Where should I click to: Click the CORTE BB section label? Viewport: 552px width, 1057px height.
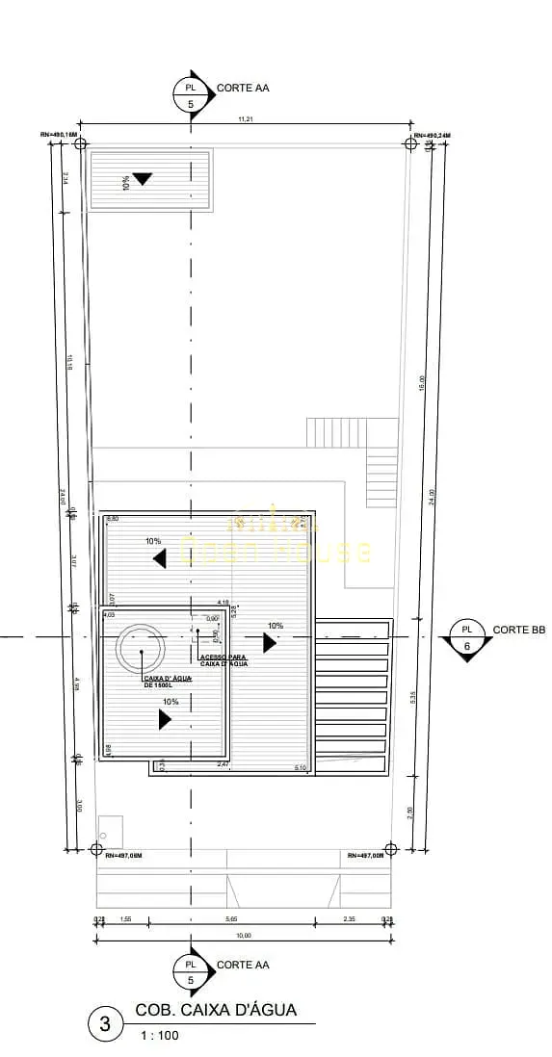tap(519, 630)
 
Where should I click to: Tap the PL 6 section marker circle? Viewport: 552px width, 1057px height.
tap(467, 637)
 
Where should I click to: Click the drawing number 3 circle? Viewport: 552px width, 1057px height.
tap(105, 1024)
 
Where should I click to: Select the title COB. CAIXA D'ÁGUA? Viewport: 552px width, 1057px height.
tap(216, 1010)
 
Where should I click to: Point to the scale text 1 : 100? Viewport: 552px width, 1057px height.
tap(159, 1036)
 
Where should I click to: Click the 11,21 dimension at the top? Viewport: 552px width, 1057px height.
tap(246, 119)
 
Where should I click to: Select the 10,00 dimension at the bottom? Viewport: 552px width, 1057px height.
tap(243, 935)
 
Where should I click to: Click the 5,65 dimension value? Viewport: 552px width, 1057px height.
tap(231, 920)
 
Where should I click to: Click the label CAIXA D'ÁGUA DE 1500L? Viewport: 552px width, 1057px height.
tap(167, 682)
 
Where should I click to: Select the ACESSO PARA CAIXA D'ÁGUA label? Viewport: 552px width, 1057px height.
tap(223, 659)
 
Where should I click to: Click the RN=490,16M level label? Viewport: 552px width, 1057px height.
tap(59, 135)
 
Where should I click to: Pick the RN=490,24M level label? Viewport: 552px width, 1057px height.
tap(433, 135)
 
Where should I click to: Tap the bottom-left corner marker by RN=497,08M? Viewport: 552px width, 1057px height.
tap(95, 849)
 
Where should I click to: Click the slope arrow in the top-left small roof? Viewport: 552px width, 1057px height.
tap(143, 178)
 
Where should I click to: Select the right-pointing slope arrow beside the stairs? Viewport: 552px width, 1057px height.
tap(270, 642)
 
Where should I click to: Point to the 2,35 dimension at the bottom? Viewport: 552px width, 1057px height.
tap(350, 920)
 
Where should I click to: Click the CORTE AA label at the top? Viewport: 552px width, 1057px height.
tap(243, 88)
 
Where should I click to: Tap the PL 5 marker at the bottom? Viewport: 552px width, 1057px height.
tap(190, 971)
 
